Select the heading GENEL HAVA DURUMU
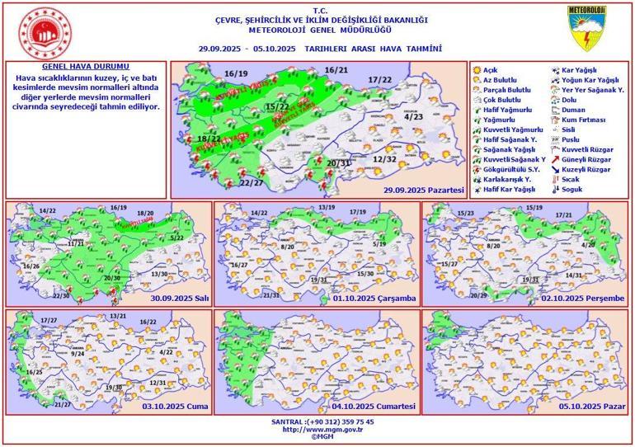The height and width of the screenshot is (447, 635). (x=86, y=66)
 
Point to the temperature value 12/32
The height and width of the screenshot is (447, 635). (x=385, y=158)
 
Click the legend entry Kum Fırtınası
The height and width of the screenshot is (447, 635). (x=586, y=119)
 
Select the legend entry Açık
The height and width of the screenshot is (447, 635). (x=492, y=69)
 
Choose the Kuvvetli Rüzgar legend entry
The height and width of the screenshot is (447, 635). (x=588, y=148)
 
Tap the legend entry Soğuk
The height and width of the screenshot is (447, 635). (x=574, y=188)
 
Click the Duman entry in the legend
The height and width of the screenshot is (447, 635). (x=574, y=109)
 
